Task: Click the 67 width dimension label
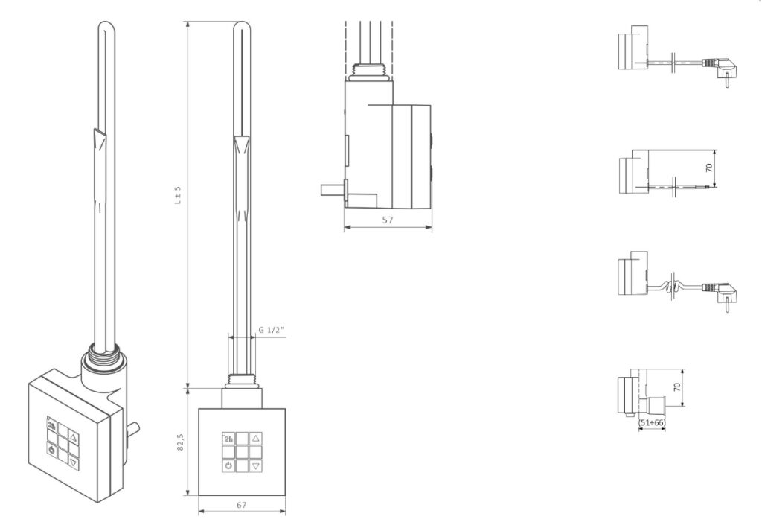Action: tap(242, 505)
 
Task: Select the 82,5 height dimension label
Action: tap(180, 442)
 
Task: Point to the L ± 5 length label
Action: tap(178, 194)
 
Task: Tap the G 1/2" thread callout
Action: tap(271, 330)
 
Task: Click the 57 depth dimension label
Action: tap(387, 220)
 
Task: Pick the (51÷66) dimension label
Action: tap(651, 422)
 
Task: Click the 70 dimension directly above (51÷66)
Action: tap(677, 387)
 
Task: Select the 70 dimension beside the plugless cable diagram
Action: tap(709, 168)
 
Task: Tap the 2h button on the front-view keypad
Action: tap(228, 439)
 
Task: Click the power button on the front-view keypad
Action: tap(228, 466)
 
